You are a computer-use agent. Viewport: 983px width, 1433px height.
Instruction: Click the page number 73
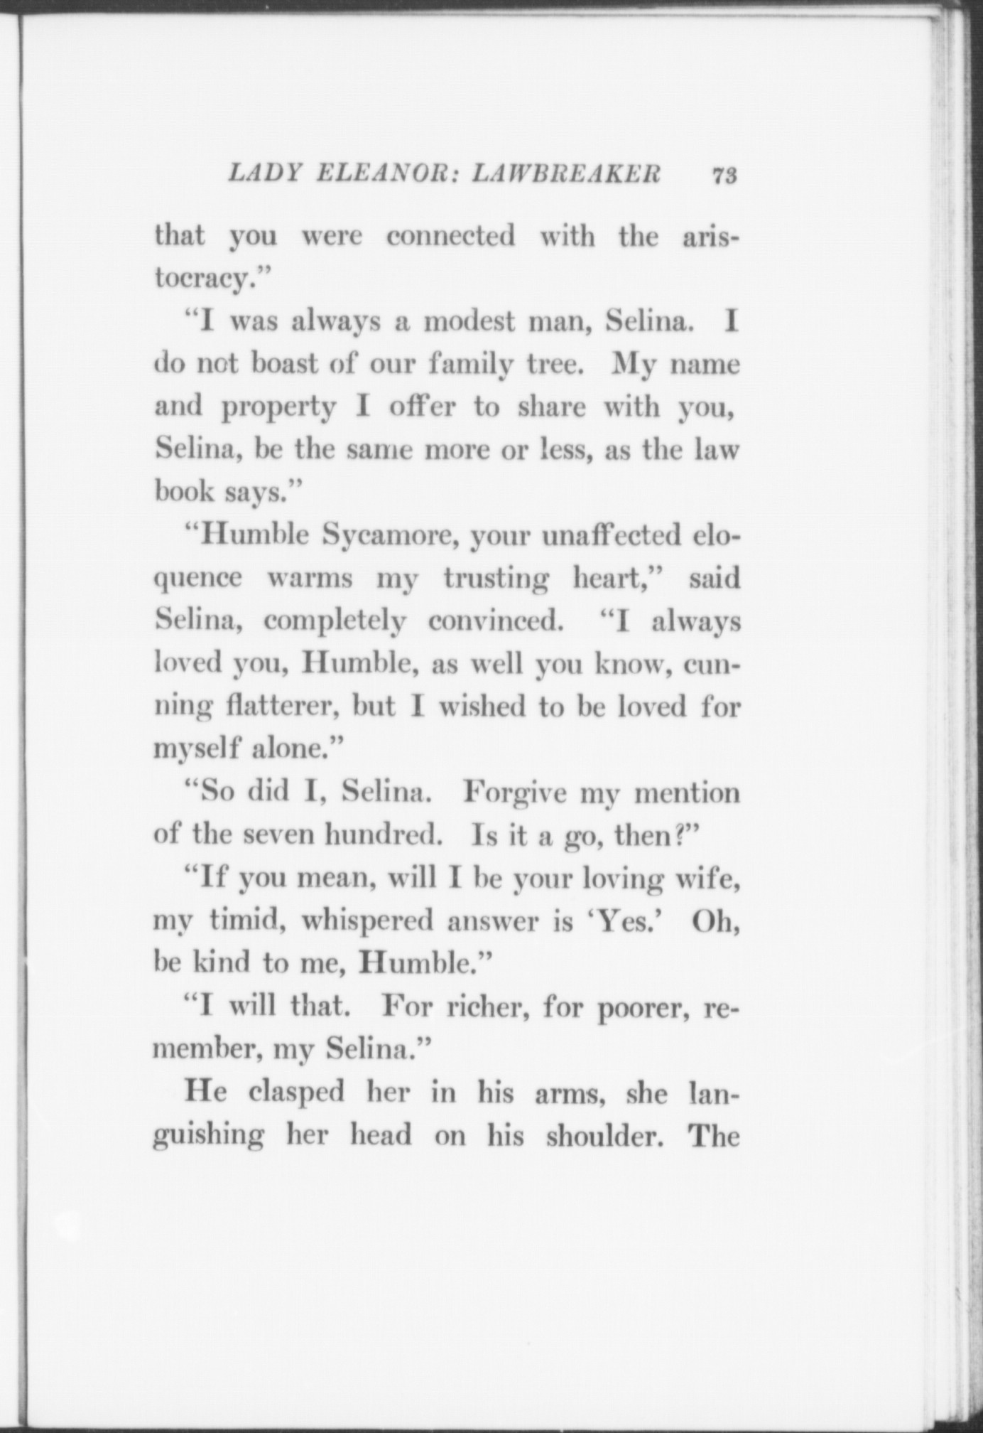click(x=724, y=175)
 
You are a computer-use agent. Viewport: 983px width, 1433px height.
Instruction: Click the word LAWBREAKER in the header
click(x=566, y=175)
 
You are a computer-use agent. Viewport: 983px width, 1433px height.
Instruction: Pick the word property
click(x=277, y=409)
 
